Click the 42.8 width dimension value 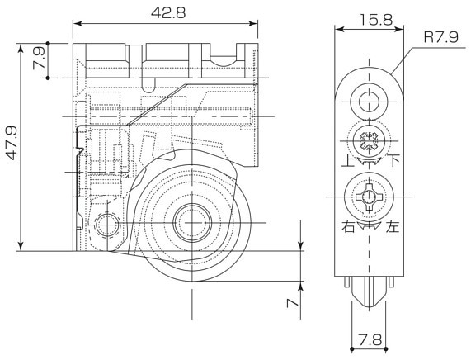click(168, 12)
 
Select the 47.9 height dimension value click(12, 143)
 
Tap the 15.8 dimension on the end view click(376, 20)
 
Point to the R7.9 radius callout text click(441, 37)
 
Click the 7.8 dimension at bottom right click(370, 340)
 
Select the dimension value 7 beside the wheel click(293, 302)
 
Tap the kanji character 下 click(394, 160)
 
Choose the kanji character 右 click(348, 226)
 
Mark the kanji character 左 click(393, 226)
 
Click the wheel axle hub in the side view click(192, 223)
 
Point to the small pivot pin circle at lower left click(106, 225)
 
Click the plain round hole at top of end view click(369, 102)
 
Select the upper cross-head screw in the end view click(370, 140)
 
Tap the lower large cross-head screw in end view click(369, 197)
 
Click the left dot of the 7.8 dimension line click(351, 349)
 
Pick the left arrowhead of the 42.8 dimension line click(78, 23)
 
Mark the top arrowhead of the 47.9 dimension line click(21, 48)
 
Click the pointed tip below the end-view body click(369, 306)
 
